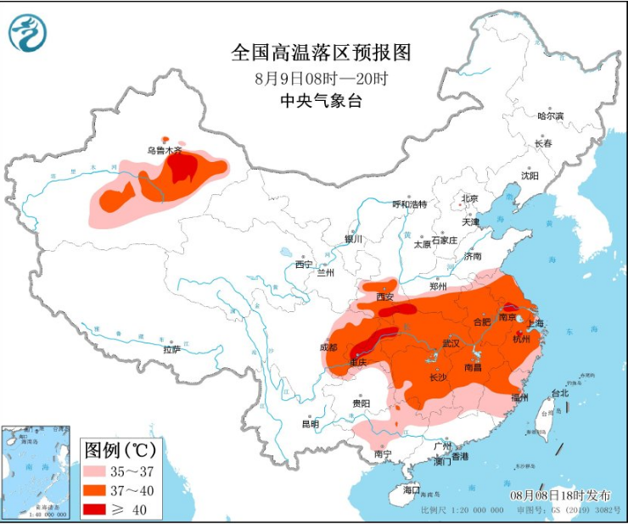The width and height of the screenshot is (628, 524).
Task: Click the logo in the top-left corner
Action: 27,32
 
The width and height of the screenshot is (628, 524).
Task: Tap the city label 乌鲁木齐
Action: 164,150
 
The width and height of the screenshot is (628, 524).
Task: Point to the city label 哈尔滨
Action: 551,116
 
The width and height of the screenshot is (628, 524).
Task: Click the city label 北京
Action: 469,199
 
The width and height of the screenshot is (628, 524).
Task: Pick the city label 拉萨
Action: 172,348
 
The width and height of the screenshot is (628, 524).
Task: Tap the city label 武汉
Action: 451,343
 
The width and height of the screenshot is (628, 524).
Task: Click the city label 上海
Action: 535,323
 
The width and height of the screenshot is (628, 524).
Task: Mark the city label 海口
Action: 412,490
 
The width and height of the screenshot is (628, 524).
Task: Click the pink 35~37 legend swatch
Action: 99,471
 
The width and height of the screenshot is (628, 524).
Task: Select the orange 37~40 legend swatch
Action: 99,490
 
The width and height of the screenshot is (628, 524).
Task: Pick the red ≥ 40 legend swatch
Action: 99,510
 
